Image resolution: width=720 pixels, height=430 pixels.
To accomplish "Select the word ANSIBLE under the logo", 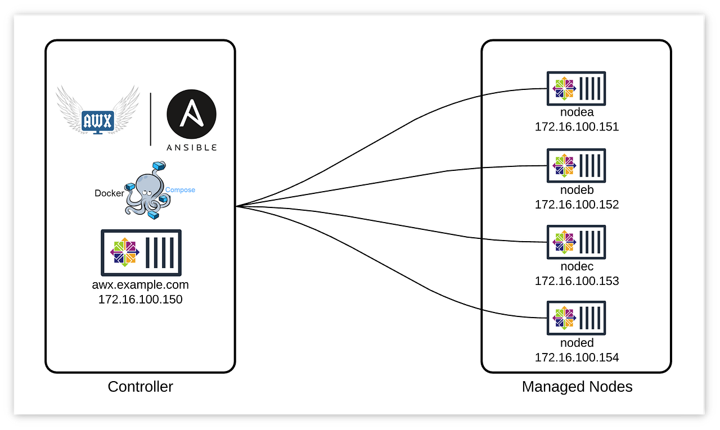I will pyautogui.click(x=192, y=147).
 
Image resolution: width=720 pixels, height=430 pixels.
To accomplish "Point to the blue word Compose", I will pyautogui.click(x=180, y=190).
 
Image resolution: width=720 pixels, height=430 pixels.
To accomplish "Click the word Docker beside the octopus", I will pyautogui.click(x=109, y=193).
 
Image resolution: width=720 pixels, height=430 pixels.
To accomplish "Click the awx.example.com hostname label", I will pyautogui.click(x=141, y=284).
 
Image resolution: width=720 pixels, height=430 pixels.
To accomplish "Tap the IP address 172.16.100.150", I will pyautogui.click(x=141, y=300).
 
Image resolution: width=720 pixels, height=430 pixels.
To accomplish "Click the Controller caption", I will pyautogui.click(x=140, y=387).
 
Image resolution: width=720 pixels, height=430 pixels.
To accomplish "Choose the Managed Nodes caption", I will pyautogui.click(x=577, y=387).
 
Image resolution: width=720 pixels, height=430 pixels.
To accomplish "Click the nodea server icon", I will pyautogui.click(x=577, y=88).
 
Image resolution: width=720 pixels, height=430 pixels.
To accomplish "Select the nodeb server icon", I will pyautogui.click(x=577, y=165).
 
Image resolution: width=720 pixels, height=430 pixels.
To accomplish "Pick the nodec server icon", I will pyautogui.click(x=577, y=242).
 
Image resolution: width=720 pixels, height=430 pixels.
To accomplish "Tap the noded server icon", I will pyautogui.click(x=577, y=319).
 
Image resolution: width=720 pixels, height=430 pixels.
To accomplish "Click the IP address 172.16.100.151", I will pyautogui.click(x=577, y=127).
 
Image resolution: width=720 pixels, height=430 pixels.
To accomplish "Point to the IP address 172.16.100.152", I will pyautogui.click(x=577, y=205).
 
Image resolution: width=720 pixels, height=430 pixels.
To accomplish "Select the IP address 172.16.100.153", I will pyautogui.click(x=577, y=281).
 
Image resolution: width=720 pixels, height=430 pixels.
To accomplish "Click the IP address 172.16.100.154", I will pyautogui.click(x=577, y=357).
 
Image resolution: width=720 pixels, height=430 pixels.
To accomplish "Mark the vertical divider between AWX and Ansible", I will pyautogui.click(x=151, y=119).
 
